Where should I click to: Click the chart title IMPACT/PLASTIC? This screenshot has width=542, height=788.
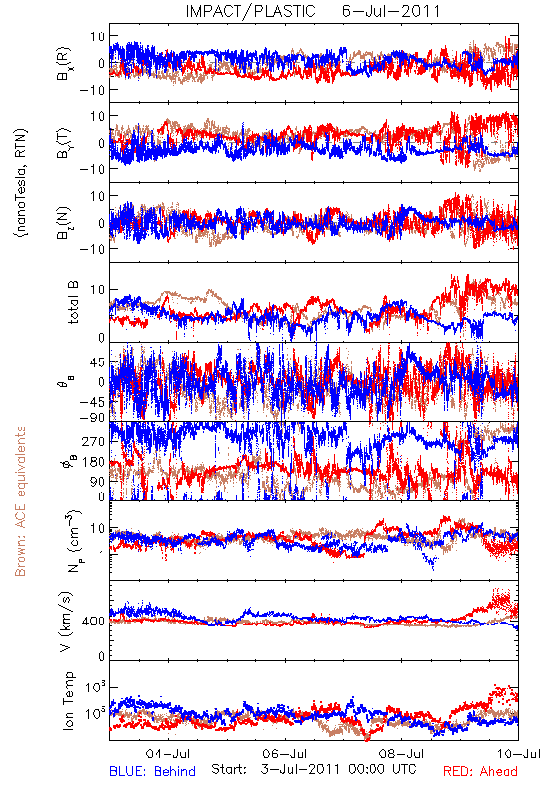click(250, 11)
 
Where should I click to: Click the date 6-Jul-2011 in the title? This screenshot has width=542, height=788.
click(390, 11)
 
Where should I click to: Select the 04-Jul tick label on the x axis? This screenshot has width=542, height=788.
click(168, 754)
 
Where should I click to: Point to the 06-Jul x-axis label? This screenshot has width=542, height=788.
click(285, 754)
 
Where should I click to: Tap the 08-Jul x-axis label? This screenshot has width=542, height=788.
click(402, 754)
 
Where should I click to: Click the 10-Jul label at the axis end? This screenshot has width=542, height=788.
click(518, 754)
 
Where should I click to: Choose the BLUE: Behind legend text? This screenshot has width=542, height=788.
click(153, 771)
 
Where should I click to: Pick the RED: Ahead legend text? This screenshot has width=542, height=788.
click(480, 771)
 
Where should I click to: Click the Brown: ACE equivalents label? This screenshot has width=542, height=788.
click(20, 501)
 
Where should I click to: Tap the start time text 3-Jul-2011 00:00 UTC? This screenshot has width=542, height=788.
click(338, 769)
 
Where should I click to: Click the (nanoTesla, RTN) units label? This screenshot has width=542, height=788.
click(21, 183)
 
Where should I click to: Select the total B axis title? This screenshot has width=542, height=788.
click(72, 302)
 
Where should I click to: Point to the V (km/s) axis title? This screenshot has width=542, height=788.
click(67, 622)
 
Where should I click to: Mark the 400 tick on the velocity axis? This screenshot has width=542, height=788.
click(93, 622)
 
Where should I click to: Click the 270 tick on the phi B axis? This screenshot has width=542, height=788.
click(94, 441)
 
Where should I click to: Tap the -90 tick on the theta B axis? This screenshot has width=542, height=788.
click(93, 417)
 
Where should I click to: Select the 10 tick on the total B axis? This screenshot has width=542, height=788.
click(98, 290)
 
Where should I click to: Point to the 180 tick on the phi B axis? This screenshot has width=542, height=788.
click(94, 462)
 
